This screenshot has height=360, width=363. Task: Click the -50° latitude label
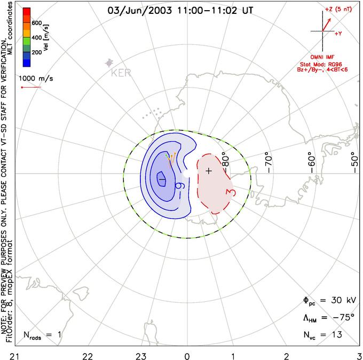(x=354, y=159)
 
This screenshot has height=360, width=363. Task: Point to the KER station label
(x=121, y=72)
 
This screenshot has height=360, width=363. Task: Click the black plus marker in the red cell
(x=209, y=170)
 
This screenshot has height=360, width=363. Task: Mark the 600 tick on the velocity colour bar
(x=36, y=22)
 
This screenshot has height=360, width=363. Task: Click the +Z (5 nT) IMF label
(x=341, y=10)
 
